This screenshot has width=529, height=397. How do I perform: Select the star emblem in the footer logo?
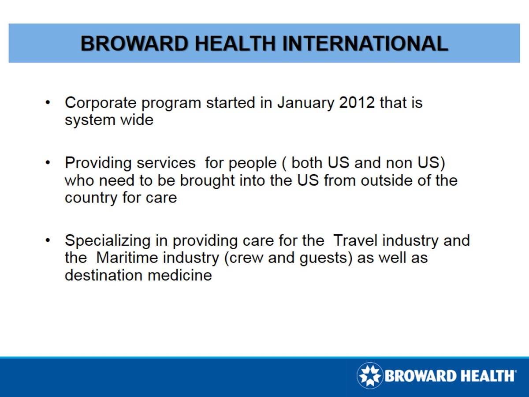(x=369, y=375)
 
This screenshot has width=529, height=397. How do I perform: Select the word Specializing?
(x=108, y=241)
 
